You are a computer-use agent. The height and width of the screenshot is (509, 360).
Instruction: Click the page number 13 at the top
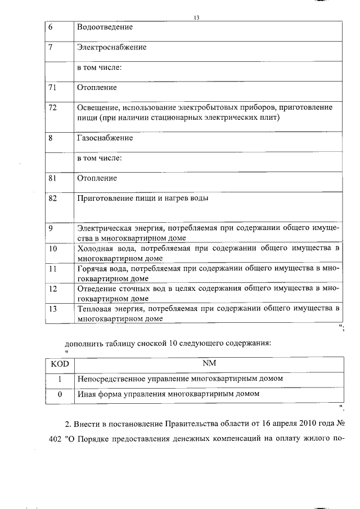[x=196, y=17]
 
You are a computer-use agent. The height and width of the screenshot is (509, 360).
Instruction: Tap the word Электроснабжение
[x=111, y=47]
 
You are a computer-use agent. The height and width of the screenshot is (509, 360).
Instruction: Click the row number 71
[x=53, y=88]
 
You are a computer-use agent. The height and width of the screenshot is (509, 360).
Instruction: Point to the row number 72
[x=53, y=107]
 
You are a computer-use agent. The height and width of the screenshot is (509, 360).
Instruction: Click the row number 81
[x=53, y=178]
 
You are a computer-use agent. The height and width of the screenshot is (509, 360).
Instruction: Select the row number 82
[x=53, y=199]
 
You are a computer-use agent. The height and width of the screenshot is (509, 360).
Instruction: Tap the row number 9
[x=51, y=228]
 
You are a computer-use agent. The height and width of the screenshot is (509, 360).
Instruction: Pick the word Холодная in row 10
[x=94, y=248]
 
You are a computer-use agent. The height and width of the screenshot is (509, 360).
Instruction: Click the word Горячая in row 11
[x=92, y=268]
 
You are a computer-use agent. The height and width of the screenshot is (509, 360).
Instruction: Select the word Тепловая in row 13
[x=93, y=309]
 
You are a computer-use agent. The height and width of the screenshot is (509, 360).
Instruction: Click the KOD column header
[x=60, y=364]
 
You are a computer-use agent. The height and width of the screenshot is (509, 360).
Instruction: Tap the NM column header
[x=209, y=364]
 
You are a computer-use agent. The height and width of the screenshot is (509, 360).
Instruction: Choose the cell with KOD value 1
[x=60, y=379]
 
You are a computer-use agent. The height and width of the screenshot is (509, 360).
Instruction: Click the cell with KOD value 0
[x=60, y=394]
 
